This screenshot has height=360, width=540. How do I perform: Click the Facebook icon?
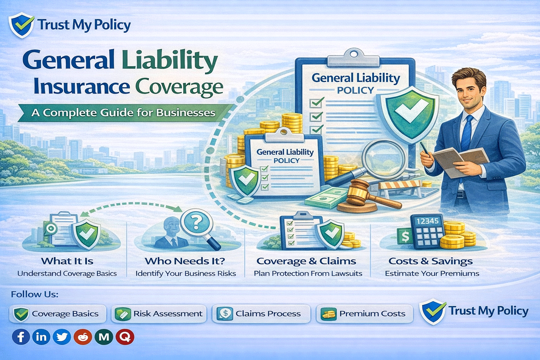pos(21,337)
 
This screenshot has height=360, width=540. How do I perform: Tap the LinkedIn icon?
pos(41,337)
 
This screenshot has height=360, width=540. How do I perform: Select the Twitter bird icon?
pos(62,337)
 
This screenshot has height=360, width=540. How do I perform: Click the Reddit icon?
pos(83,337)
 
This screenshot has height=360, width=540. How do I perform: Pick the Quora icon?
pos(125,337)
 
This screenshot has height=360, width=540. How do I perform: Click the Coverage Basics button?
pos(58,314)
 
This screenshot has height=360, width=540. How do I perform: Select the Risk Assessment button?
pos(159,314)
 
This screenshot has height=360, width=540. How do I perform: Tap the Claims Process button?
pos(261,314)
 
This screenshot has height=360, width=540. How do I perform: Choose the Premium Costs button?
pos(365,314)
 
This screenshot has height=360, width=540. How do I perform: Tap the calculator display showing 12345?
pos(427,221)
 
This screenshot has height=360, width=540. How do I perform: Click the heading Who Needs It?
pos(185,261)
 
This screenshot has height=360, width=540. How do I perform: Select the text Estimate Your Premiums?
pos(432,274)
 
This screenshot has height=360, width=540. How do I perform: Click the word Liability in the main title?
pos(170,60)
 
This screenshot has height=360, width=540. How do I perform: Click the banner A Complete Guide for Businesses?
pos(123,113)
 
